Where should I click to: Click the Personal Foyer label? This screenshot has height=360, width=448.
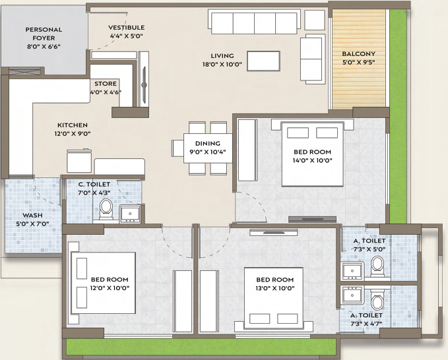(44, 34)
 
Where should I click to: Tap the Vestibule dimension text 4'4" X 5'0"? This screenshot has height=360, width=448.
(126, 36)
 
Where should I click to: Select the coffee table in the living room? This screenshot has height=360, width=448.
(263, 61)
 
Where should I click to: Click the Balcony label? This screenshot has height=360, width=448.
(358, 53)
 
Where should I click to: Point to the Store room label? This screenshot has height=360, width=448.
(106, 84)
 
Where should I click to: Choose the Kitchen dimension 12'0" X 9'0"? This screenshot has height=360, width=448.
(73, 133)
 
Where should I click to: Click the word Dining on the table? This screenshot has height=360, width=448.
(208, 143)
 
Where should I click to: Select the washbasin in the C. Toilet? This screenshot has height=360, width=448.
(130, 213)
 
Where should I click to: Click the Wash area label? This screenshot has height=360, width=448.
(32, 215)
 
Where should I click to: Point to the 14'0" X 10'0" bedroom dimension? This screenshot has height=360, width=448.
(312, 160)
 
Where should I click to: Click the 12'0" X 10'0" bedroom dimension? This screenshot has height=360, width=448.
(110, 287)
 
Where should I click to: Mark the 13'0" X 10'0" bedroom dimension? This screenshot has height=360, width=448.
(275, 288)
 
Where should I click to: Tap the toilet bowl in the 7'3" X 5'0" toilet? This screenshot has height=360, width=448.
(377, 266)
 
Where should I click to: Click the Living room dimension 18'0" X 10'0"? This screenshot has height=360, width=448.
(222, 65)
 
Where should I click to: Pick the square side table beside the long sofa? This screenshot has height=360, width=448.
(315, 20)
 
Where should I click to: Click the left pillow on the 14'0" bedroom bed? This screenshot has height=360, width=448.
(298, 133)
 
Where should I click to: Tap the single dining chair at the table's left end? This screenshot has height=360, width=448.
(177, 148)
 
